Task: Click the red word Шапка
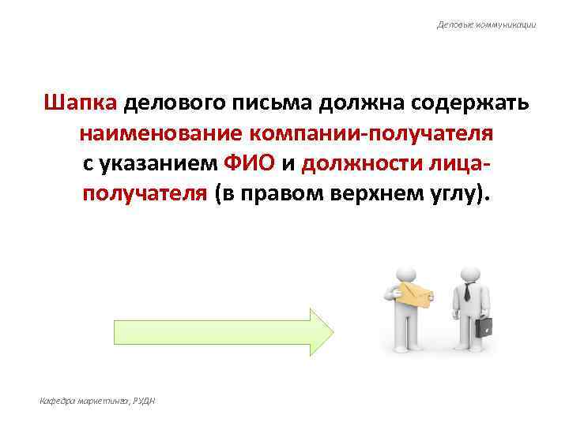[x=81, y=104]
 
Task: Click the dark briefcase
[x=484, y=325]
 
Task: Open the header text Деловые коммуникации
[x=487, y=24]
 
